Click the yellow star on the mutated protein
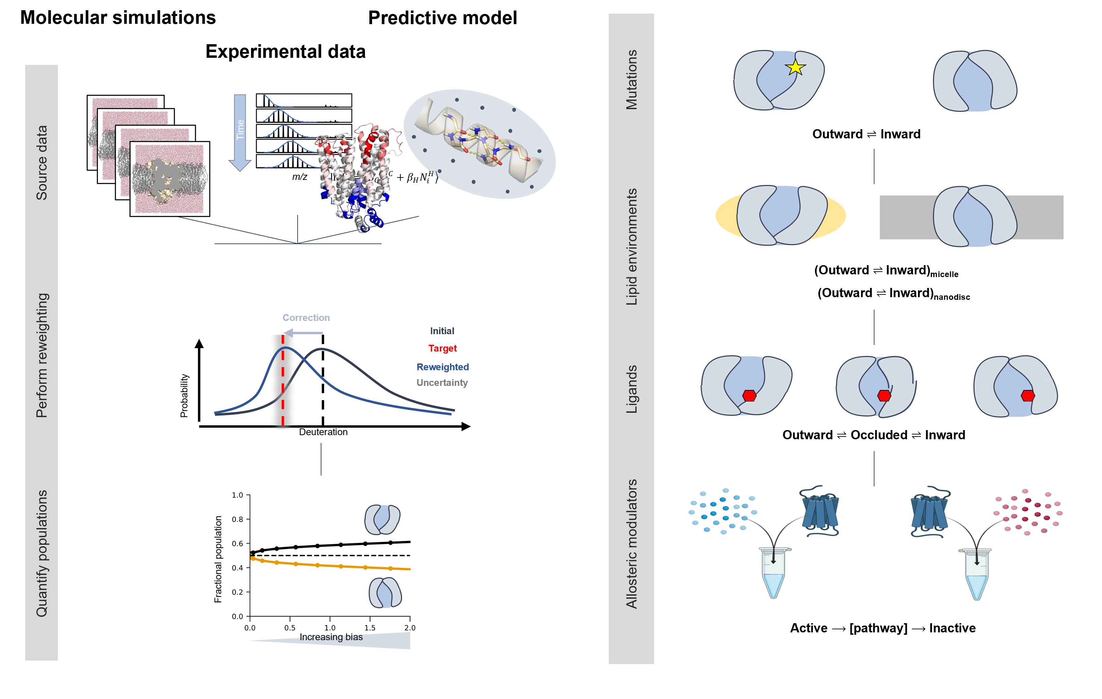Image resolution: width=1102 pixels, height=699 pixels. [796, 68]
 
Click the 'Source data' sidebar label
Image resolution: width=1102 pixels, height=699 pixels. [41, 163]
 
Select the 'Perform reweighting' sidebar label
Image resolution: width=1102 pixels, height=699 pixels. [41, 355]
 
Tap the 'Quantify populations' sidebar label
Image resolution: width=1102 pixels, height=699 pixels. [41, 553]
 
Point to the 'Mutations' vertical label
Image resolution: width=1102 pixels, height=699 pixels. [632, 80]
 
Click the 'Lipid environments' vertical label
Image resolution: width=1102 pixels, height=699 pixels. [632, 247]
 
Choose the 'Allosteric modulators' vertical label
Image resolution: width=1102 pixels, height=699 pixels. [632, 544]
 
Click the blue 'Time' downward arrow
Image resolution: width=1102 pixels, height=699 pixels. [240, 133]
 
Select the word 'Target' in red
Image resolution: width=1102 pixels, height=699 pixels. [443, 348]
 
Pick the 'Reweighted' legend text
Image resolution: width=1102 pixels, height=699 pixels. [443, 367]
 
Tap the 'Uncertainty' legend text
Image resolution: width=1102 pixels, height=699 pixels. [442, 383]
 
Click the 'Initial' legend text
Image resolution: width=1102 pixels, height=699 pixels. [442, 331]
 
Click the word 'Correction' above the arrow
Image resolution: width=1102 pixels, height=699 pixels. [306, 318]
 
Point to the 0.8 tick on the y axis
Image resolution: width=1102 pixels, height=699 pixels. [237, 519]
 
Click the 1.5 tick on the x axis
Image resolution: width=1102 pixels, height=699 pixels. [370, 628]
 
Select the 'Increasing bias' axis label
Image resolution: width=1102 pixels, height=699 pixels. [331, 637]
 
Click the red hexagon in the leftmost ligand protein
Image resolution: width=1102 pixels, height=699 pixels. [749, 396]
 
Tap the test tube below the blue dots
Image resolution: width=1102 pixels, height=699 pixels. [774, 574]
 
